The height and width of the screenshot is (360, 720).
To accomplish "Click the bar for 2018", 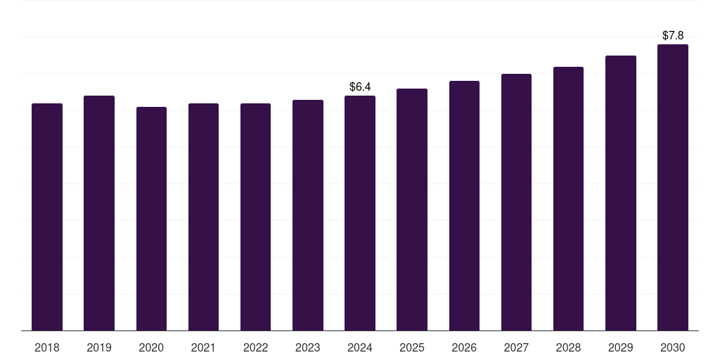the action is pyautogui.click(x=47, y=217).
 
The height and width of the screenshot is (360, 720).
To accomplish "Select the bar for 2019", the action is pyautogui.click(x=99, y=213).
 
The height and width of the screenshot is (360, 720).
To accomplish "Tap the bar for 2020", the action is pyautogui.click(x=152, y=219).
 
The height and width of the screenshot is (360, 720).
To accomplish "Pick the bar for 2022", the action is pyautogui.click(x=255, y=217).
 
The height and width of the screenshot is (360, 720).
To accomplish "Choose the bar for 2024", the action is pyautogui.click(x=360, y=213).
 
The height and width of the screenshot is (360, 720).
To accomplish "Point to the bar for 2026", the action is pyautogui.click(x=464, y=206).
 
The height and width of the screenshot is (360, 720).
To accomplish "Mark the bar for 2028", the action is pyautogui.click(x=568, y=199).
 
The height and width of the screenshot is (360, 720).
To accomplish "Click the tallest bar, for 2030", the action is pyautogui.click(x=673, y=187).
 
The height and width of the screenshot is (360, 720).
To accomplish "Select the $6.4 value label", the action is pyautogui.click(x=360, y=86).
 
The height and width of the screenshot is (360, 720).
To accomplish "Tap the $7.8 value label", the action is pyautogui.click(x=673, y=35).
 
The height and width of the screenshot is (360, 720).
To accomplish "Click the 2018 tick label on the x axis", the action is pyautogui.click(x=47, y=347).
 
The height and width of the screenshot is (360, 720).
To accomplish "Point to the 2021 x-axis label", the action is pyautogui.click(x=203, y=347).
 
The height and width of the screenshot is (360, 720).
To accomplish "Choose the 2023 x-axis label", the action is pyautogui.click(x=308, y=347).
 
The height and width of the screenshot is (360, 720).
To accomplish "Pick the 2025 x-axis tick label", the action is pyautogui.click(x=412, y=347).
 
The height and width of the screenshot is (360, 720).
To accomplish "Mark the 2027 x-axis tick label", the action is pyautogui.click(x=516, y=347).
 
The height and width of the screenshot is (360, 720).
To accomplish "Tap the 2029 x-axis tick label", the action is pyautogui.click(x=621, y=347).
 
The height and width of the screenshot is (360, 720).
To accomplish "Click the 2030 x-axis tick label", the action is pyautogui.click(x=673, y=347).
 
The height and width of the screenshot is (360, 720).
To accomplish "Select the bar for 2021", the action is pyautogui.click(x=203, y=217).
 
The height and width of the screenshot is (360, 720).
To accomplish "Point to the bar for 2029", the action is pyautogui.click(x=621, y=193).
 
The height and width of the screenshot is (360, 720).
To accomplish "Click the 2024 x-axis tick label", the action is pyautogui.click(x=360, y=347).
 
